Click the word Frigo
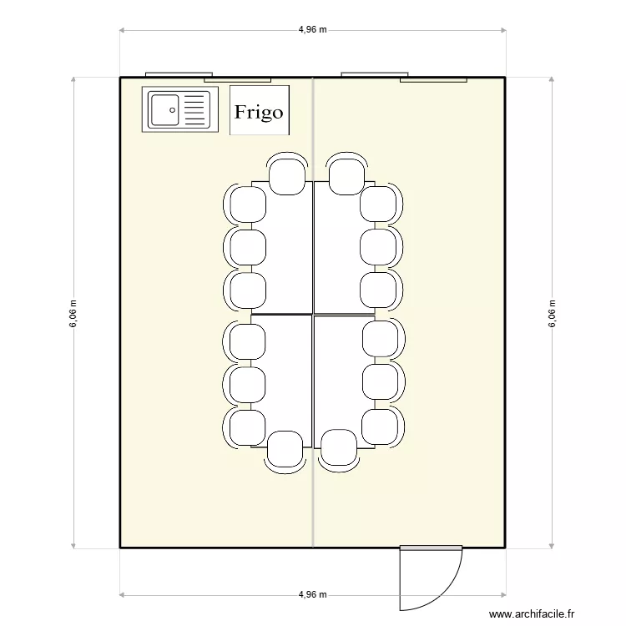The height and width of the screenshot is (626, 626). tap(259, 112)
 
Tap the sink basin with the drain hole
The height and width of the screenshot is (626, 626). tap(164, 109)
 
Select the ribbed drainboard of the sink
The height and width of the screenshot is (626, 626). tap(194, 109)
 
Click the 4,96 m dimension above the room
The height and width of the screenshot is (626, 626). tap(312, 29)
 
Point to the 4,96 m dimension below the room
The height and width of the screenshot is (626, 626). tap(312, 594)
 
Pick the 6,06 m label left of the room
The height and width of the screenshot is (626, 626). tap(73, 314)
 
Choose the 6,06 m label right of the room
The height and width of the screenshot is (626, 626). tap(552, 314)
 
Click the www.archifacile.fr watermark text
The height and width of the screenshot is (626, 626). tap(533, 613)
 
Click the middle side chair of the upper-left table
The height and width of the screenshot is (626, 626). tap(246, 246)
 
